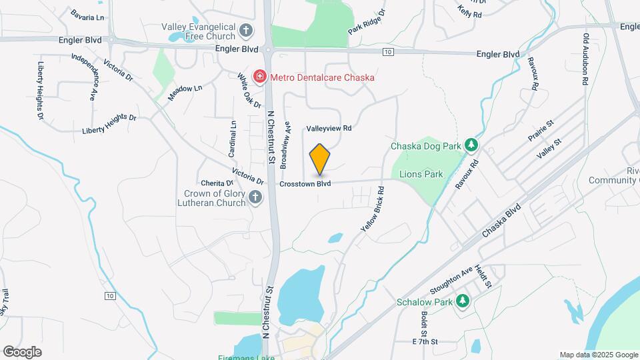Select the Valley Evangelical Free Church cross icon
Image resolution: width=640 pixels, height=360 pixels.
click(x=246, y=30)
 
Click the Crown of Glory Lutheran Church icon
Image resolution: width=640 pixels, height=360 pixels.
click(x=255, y=197)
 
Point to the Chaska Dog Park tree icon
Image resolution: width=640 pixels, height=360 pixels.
click(x=471, y=144)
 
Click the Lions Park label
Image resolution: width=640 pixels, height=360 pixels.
click(x=421, y=175)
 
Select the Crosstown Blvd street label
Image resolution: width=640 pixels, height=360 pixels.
click(x=305, y=183)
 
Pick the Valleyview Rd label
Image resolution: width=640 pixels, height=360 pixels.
click(x=329, y=128)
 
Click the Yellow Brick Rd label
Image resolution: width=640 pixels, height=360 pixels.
click(x=373, y=209)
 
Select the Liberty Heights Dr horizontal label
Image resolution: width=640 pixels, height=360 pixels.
click(x=109, y=124)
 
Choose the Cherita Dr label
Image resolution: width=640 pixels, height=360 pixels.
click(x=217, y=183)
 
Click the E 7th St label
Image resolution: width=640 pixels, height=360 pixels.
click(x=424, y=341)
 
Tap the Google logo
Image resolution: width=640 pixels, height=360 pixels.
click(x=22, y=351)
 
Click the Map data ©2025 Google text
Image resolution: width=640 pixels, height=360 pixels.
click(x=598, y=355)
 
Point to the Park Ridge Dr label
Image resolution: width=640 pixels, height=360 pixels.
click(x=367, y=22)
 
